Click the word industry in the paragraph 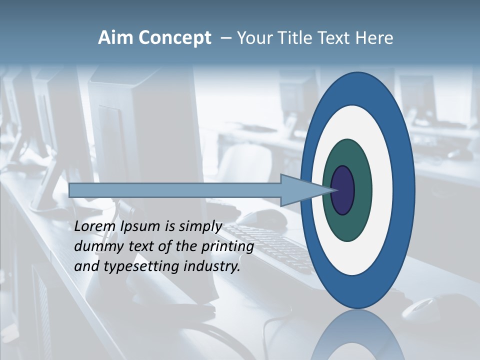[x=210, y=266]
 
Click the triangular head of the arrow [x=300, y=190]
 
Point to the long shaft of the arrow [x=175, y=190]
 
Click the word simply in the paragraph [x=200, y=227]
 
